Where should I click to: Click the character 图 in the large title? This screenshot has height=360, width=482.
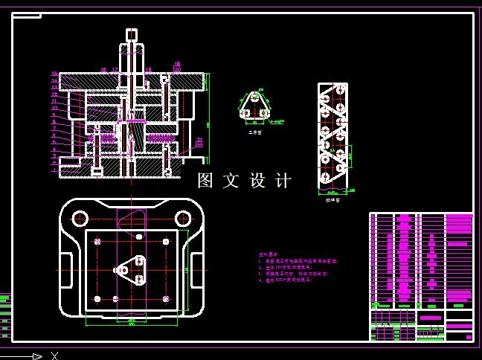(x=206, y=180)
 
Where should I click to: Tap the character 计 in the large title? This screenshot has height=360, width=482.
(x=283, y=180)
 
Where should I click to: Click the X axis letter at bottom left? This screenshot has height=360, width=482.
(x=54, y=356)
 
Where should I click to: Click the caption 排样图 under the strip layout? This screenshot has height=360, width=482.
(x=331, y=199)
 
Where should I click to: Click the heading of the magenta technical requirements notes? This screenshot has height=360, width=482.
(x=267, y=254)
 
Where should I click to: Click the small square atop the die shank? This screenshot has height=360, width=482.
(x=132, y=34)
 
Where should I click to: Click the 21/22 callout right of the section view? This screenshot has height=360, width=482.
(x=199, y=142)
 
